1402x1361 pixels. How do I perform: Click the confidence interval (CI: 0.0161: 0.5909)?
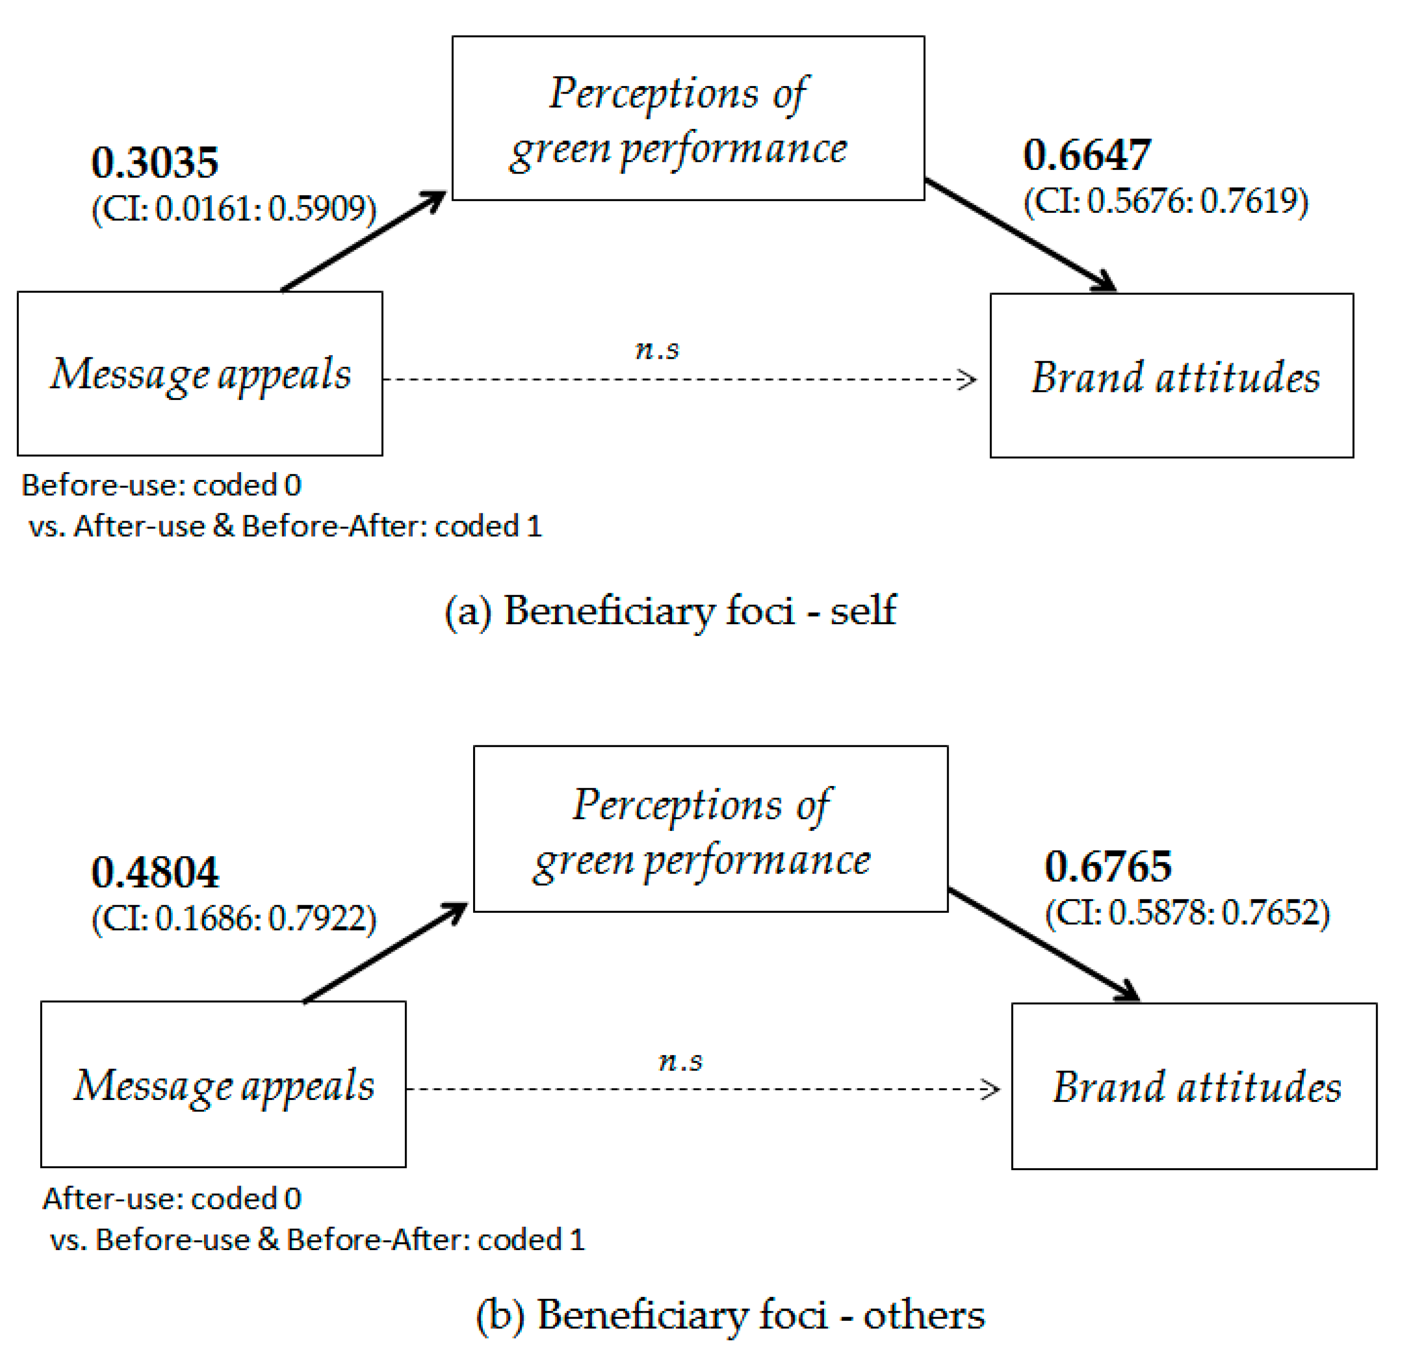tap(234, 208)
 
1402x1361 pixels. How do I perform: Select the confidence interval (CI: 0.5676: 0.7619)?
tap(1165, 201)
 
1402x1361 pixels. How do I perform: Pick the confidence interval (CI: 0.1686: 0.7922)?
tap(234, 918)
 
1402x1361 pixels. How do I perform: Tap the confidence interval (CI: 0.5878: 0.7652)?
tap(1187, 913)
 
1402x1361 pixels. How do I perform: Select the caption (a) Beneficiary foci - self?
tap(670, 611)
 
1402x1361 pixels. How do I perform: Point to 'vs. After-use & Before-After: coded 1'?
tap(285, 526)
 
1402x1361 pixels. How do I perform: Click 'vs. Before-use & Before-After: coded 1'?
tap(317, 1239)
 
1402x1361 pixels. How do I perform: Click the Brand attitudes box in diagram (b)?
tap(1193, 1085)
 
